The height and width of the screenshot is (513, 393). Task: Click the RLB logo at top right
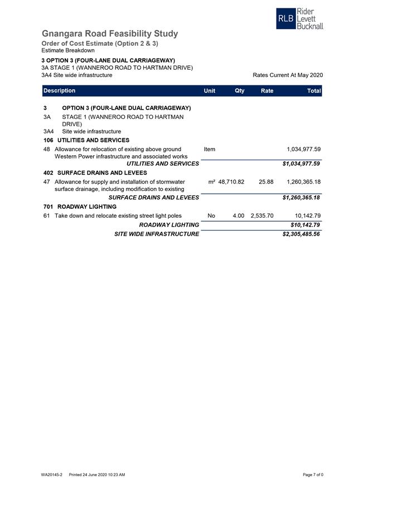[299, 19]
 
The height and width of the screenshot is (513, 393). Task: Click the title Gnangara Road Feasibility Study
[110, 33]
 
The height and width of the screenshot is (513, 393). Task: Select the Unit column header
[210, 91]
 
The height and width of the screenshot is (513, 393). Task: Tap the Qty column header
[239, 91]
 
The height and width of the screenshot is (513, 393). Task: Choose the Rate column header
[266, 91]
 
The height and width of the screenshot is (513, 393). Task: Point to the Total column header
[314, 91]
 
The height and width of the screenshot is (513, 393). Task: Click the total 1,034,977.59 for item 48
[303, 150]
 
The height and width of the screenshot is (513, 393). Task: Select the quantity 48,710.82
[231, 182]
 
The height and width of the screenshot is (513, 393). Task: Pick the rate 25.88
[266, 182]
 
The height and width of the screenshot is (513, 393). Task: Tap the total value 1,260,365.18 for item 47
[303, 182]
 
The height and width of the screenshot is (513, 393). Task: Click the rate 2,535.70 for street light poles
[262, 216]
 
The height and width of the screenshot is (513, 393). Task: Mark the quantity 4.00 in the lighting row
[238, 216]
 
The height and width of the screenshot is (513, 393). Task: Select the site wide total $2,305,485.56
[301, 234]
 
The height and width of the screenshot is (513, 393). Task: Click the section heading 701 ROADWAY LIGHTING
[80, 207]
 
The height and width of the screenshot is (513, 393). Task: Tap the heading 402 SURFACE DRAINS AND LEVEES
[95, 173]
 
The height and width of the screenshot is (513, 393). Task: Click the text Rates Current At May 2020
[288, 75]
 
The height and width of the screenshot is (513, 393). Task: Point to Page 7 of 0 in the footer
[313, 475]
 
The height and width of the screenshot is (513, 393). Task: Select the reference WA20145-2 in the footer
[51, 475]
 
